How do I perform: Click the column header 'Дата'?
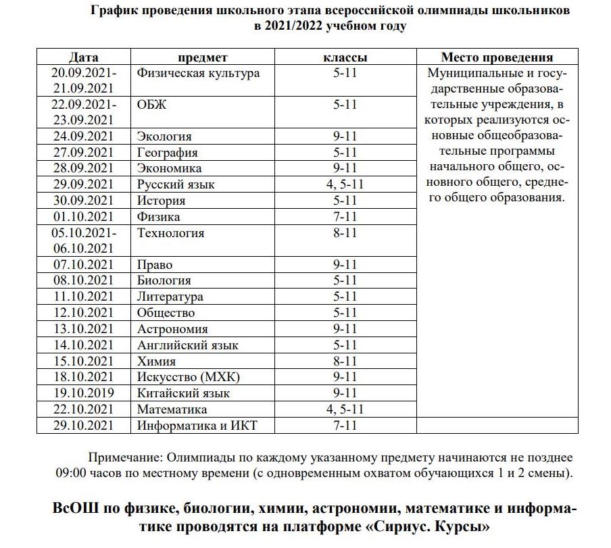pos(84,57)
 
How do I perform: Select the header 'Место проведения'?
pos(497,57)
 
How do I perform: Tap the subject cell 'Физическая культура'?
pos(198,73)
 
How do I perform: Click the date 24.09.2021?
pos(84,136)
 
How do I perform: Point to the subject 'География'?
pos(167,153)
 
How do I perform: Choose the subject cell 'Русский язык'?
pos(176,184)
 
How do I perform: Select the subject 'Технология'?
pos(170,233)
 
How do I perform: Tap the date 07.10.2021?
pos(84,265)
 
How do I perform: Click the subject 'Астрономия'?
pos(172,329)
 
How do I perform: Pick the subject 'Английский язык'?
pos(187,345)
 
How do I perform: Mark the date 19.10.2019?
pos(84,393)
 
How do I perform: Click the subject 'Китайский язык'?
pos(183,393)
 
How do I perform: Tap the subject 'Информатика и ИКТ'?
pos(197,426)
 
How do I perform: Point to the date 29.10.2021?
pos(84,426)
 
